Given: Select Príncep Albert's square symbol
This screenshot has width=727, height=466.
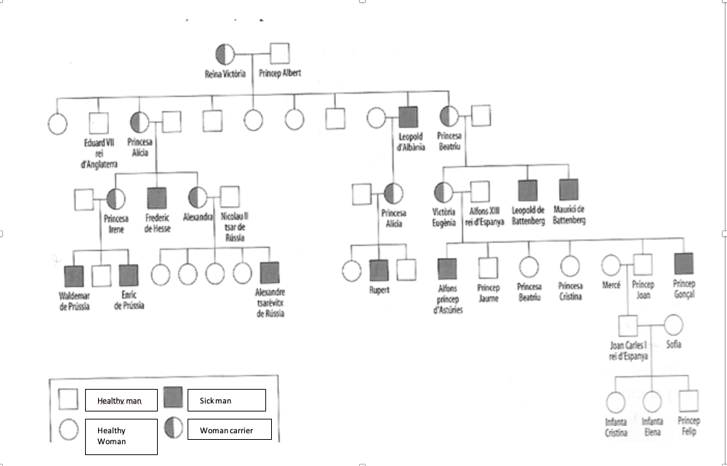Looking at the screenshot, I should coord(280,54).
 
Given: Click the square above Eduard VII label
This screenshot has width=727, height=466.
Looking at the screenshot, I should coord(98,121).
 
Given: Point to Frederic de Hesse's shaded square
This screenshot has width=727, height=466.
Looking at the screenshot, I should coord(157,198).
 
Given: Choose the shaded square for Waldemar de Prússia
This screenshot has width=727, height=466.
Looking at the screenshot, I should coord(73,276).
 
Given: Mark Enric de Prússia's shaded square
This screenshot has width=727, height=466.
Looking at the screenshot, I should coord(128,275).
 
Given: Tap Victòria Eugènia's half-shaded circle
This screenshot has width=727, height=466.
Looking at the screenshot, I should coord(443,193).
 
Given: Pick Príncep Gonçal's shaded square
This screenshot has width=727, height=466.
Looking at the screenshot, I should coord(683,263).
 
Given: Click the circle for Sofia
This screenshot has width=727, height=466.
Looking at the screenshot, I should coord(673,324).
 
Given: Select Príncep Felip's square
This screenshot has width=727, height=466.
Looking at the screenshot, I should coord(688,401).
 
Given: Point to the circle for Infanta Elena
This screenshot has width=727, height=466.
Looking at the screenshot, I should coord(652,401).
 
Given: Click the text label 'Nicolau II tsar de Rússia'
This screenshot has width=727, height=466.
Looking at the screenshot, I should coord(233,226).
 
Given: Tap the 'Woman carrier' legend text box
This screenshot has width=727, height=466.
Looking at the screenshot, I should coord(228,430).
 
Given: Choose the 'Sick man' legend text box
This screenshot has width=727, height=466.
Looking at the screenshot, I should coord(226,400).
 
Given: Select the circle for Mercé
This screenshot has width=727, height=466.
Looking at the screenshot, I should coord(611,265).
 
